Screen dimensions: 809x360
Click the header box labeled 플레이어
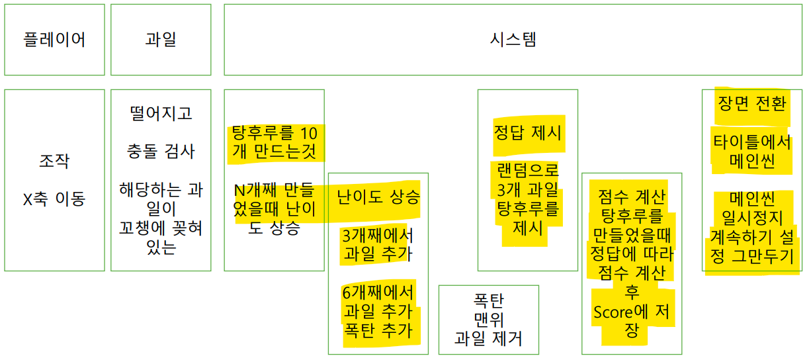54,40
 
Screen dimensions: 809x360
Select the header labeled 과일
161,40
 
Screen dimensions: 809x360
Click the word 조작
54,161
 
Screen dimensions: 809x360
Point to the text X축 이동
54,199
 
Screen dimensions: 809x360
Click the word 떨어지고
161,113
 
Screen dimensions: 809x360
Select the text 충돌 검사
161,151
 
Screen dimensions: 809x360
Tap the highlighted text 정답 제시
528,132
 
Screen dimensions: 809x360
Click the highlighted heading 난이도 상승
378,197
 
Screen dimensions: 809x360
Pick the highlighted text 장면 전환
752,104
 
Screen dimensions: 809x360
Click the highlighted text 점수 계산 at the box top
632,197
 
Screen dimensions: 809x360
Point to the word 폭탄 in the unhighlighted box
489,301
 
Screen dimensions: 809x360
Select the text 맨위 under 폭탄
489,320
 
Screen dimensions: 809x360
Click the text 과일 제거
489,339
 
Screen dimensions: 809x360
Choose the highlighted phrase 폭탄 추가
378,330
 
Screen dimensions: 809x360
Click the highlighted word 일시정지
752,217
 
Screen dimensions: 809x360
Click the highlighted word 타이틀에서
752,142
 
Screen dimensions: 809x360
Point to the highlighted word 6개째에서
378,292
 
